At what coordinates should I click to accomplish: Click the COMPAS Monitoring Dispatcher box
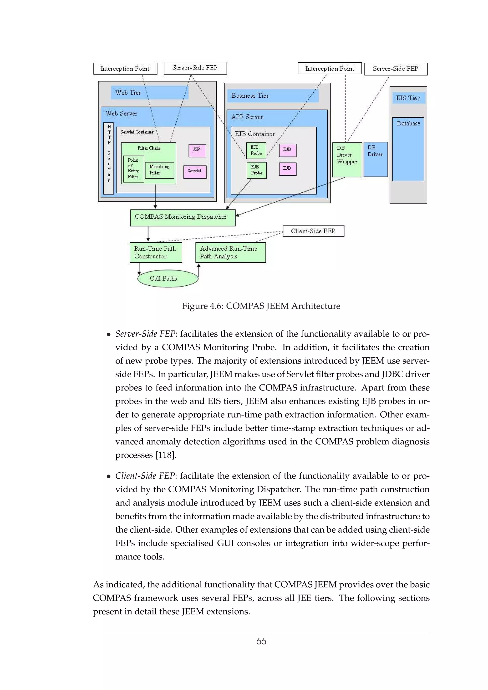pyautogui.click(x=183, y=218)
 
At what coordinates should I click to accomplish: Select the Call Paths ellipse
pyautogui.click(x=168, y=279)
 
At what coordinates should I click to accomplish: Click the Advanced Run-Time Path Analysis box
pyautogui.click(x=230, y=252)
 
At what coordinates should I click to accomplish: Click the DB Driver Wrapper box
pyautogui.click(x=347, y=160)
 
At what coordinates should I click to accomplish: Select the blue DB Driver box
pyautogui.click(x=376, y=160)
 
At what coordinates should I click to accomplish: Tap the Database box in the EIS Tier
pyautogui.click(x=408, y=149)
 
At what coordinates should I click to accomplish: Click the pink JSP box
pyautogui.click(x=197, y=150)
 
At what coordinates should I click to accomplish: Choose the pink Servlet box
pyautogui.click(x=195, y=172)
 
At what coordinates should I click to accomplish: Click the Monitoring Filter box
pyautogui.click(x=159, y=170)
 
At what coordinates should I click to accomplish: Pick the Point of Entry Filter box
pyautogui.click(x=133, y=169)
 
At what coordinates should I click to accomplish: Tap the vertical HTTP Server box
pyautogui.click(x=109, y=158)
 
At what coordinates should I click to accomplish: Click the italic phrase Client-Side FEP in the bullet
pyautogui.click(x=145, y=476)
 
